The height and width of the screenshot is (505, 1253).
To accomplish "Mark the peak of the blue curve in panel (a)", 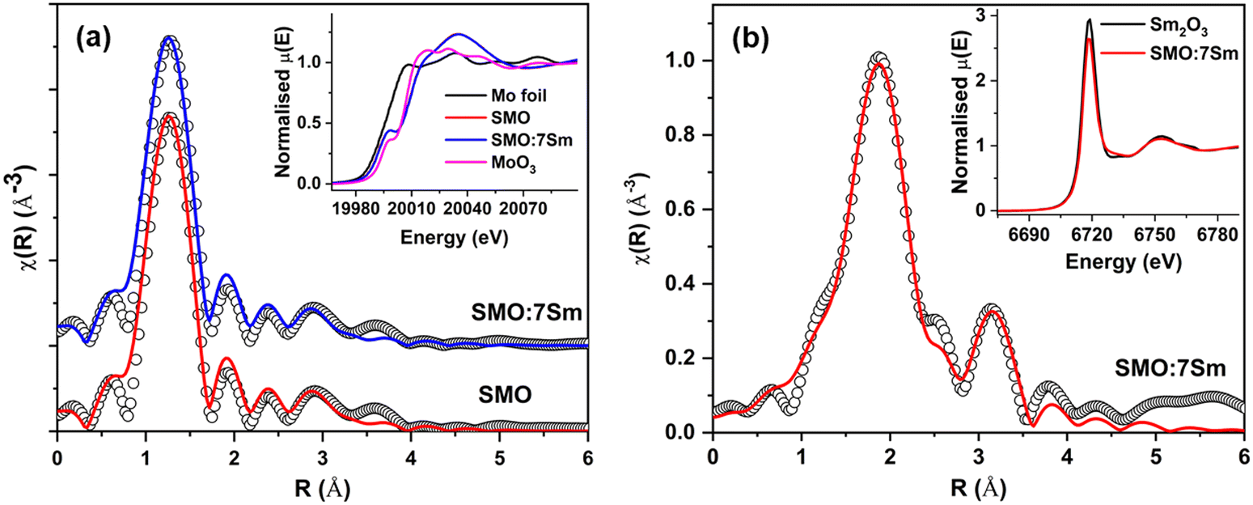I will [x=169, y=38].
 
